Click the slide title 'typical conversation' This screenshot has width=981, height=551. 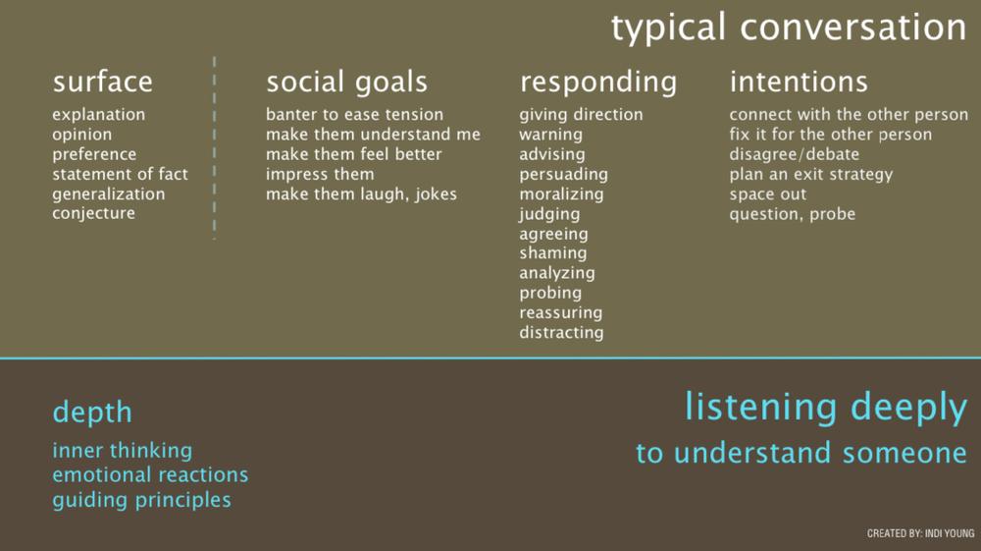789,28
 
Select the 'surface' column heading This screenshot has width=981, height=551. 103,83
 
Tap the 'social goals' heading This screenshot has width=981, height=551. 347,83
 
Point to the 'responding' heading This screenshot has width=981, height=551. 598,83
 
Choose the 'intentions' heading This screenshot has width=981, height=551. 799,83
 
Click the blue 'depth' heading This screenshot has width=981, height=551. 92,412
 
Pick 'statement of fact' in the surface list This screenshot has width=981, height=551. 120,174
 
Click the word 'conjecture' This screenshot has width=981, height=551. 94,213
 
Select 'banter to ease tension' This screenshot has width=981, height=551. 355,115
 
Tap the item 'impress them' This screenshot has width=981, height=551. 320,174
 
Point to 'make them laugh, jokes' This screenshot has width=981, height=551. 362,194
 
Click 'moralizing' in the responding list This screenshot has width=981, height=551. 562,194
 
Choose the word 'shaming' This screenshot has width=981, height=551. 553,253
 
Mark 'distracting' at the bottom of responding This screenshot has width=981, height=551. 562,333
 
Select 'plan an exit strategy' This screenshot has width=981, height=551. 811,175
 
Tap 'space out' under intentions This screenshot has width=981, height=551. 768,194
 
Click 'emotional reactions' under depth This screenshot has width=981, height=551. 150,475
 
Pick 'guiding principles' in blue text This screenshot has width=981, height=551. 142,500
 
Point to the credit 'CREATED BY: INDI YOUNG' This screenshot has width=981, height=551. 921,533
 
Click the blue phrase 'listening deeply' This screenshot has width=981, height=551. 826,409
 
